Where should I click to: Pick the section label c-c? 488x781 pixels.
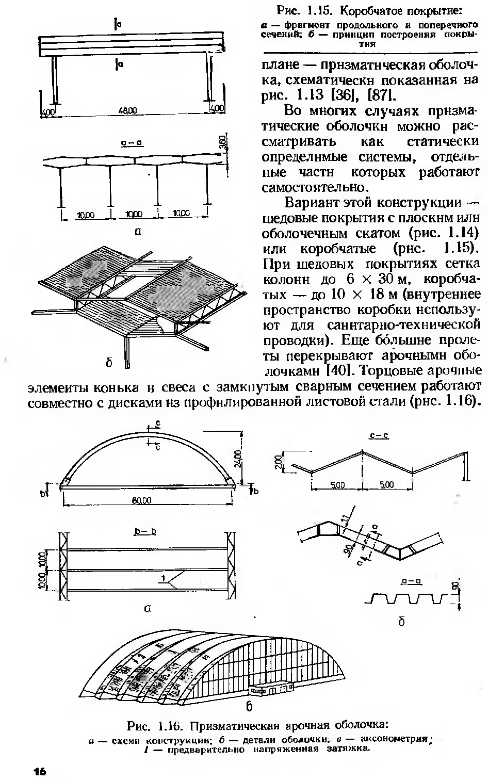pos(379,436)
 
